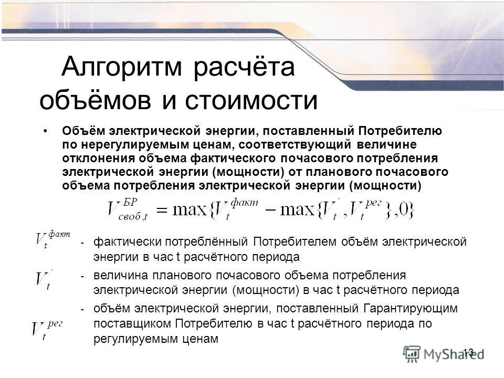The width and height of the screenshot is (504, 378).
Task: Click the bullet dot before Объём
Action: pos(46,131)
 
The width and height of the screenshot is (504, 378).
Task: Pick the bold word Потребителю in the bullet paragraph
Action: pos(400,131)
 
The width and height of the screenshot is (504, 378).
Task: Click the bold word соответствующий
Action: pos(295,145)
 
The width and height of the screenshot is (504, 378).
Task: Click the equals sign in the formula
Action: pos(162,211)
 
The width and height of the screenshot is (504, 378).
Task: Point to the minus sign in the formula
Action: pos(270,211)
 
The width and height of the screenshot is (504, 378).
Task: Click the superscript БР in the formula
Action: pos(130,202)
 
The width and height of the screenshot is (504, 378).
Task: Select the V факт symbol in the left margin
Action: pos(52,239)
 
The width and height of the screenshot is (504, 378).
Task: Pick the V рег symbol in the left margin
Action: pos(47,330)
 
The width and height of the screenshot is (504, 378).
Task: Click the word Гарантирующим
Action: pos(411,308)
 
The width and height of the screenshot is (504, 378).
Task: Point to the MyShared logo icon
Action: pos(412,354)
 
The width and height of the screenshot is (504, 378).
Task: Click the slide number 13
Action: pos(468,352)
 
